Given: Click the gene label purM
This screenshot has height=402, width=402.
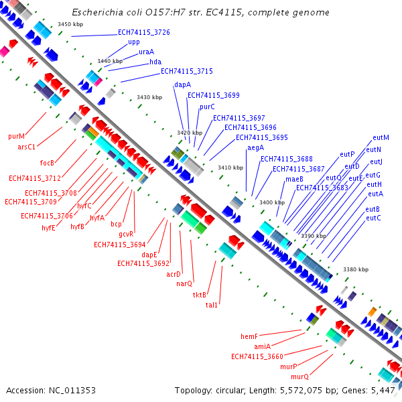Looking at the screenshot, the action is click(x=16, y=136).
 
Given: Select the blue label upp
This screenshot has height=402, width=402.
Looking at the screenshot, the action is click(x=134, y=42).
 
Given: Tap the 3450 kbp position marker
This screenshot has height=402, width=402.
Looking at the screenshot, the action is click(x=70, y=24).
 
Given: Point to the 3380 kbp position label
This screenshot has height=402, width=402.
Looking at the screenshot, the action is click(x=356, y=269).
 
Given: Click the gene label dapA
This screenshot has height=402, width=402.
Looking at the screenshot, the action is click(x=182, y=85).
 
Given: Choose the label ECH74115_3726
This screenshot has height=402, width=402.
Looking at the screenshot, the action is click(x=144, y=32).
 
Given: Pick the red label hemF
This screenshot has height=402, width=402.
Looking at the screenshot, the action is click(x=249, y=336).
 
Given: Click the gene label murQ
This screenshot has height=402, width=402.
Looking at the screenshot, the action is click(x=299, y=377).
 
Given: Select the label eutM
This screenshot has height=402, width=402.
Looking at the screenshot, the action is click(x=381, y=137).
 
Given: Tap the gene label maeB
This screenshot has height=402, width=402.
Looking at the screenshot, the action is click(x=294, y=179).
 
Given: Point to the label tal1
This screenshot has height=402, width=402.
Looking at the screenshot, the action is click(x=212, y=305).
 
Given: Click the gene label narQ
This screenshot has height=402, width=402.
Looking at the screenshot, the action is click(x=184, y=284).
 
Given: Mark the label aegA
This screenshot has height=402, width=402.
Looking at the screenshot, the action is click(x=256, y=148).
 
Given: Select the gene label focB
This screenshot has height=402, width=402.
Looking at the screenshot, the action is click(x=47, y=163).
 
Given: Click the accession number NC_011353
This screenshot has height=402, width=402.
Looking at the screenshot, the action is click(x=72, y=391).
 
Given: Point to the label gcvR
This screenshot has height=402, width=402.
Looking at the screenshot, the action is click(x=126, y=234).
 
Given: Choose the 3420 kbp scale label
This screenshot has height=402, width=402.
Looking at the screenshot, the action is click(x=190, y=133).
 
